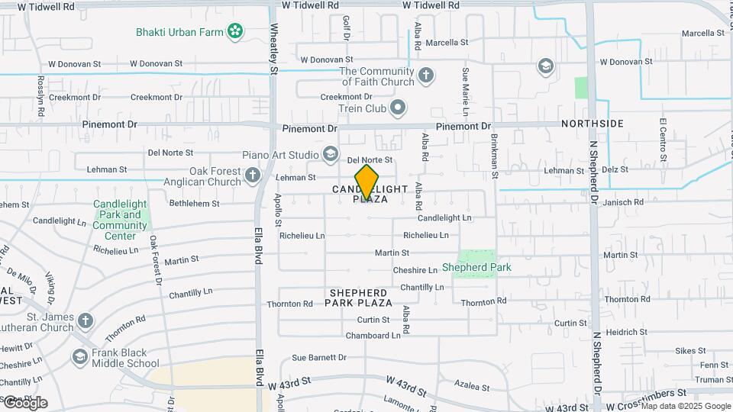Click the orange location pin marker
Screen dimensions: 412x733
click(x=367, y=182)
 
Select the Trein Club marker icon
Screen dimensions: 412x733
click(x=397, y=108)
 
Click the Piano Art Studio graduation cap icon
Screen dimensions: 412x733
click(x=331, y=154)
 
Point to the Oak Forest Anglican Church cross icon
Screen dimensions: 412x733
click(x=253, y=177)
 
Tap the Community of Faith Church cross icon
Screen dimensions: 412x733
click(x=426, y=76)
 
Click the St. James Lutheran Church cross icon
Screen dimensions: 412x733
click(x=86, y=320)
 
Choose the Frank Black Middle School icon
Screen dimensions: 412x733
click(x=80, y=357)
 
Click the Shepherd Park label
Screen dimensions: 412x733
click(x=476, y=268)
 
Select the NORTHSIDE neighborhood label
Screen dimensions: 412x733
click(x=593, y=124)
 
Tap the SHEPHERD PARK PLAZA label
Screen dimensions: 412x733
click(x=358, y=298)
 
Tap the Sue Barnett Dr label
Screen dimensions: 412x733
click(x=319, y=357)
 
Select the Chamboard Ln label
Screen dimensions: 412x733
click(x=373, y=336)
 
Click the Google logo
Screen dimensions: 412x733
click(x=24, y=402)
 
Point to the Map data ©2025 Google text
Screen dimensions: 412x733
click(x=686, y=406)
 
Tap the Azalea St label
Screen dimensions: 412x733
click(x=472, y=387)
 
